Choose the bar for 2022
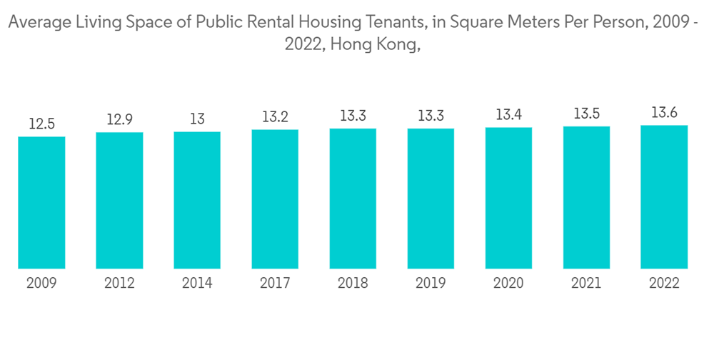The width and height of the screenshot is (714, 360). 664,197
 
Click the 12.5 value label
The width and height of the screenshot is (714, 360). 41,124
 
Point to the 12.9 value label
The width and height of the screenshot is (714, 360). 119,120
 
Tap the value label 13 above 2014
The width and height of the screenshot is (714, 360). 197,119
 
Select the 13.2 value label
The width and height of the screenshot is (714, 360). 275,117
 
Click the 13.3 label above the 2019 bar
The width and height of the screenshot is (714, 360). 431,116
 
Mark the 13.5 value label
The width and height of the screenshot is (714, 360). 586,114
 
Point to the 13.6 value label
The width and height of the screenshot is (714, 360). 664,113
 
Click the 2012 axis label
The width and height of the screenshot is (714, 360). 119,284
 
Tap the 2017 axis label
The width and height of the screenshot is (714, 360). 275,284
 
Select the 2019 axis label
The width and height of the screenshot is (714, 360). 431,284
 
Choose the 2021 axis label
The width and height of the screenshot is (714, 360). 586,284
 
